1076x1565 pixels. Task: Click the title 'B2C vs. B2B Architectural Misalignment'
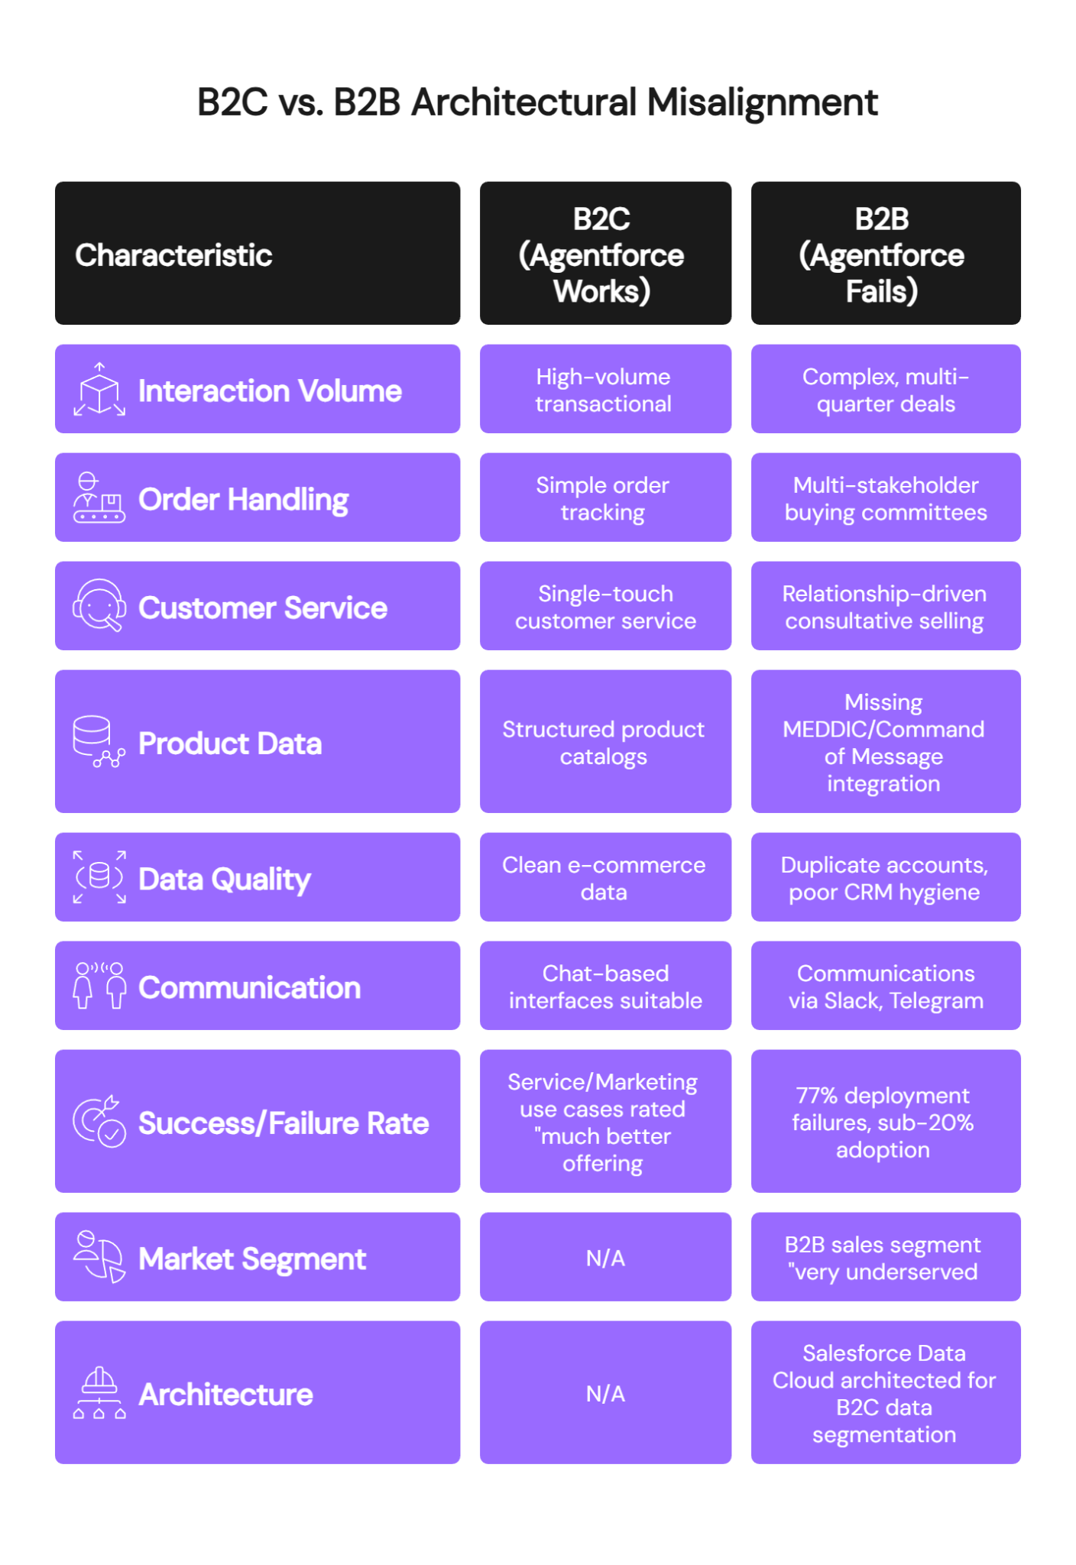537,102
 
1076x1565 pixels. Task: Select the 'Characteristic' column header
173,255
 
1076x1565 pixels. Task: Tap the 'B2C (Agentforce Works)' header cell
604,254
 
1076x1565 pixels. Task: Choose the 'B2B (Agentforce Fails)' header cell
885,254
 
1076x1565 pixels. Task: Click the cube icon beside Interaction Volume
99,390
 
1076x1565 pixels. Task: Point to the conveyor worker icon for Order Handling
99,498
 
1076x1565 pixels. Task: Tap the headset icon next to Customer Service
99,607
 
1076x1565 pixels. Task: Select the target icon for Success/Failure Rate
99,1122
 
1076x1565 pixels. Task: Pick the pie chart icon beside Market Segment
99,1257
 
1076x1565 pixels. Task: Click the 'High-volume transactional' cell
604,390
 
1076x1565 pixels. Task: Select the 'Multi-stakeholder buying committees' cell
885,498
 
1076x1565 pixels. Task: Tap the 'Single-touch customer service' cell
604,607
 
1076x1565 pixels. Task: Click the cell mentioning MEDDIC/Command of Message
885,742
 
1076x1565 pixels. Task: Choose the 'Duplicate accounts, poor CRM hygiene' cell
885,878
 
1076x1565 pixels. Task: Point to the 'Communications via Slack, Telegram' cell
885,987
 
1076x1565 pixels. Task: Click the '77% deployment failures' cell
885,1122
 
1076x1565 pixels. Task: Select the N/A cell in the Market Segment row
604,1258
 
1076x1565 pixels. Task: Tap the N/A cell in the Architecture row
604,1393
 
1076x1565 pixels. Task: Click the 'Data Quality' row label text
225,879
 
